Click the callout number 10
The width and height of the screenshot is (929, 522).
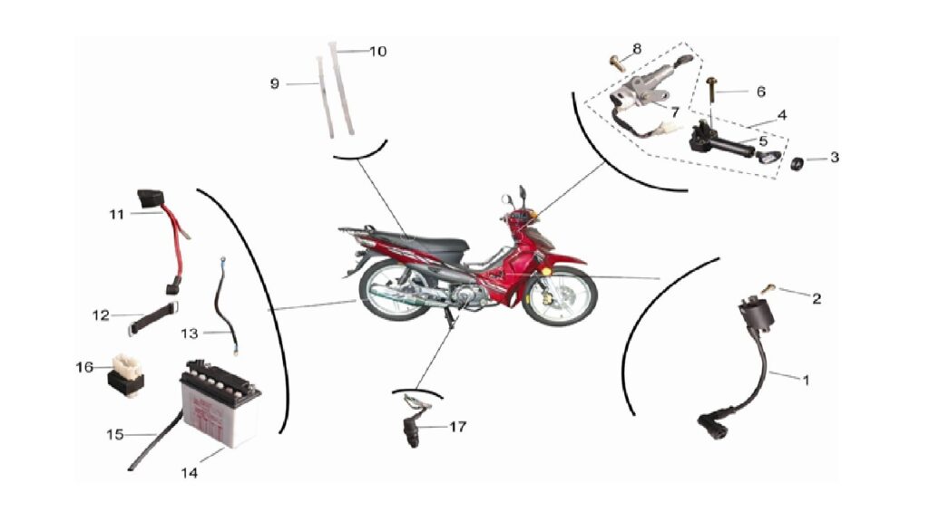pyautogui.click(x=378, y=52)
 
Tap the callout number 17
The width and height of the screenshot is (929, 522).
pyautogui.click(x=457, y=427)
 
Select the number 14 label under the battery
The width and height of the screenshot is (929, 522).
pyautogui.click(x=189, y=473)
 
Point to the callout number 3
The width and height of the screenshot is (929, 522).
pyautogui.click(x=835, y=158)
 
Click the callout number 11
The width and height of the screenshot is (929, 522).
pyautogui.click(x=117, y=214)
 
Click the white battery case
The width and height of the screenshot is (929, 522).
pyautogui.click(x=220, y=405)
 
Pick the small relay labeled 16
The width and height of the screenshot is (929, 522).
pyautogui.click(x=125, y=374)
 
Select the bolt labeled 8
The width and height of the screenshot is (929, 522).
pyautogui.click(x=617, y=63)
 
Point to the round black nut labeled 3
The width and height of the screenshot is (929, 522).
pyautogui.click(x=797, y=163)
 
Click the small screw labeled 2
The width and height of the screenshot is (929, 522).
pyautogui.click(x=768, y=288)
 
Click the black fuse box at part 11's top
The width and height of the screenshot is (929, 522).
pyautogui.click(x=150, y=198)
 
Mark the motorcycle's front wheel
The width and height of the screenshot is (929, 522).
pyautogui.click(x=559, y=296)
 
